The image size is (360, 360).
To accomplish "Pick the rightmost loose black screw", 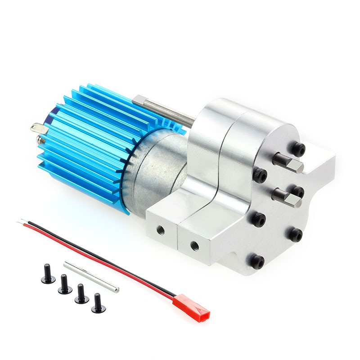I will tap(98, 303).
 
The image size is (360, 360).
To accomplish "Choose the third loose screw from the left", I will tap(81, 294).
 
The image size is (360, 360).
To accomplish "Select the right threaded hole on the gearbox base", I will tap(194, 245).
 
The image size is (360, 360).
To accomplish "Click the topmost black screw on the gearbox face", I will tap(297, 149).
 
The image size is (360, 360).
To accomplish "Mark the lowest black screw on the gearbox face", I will tap(257, 261).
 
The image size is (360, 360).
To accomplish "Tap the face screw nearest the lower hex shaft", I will tap(296, 191).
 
